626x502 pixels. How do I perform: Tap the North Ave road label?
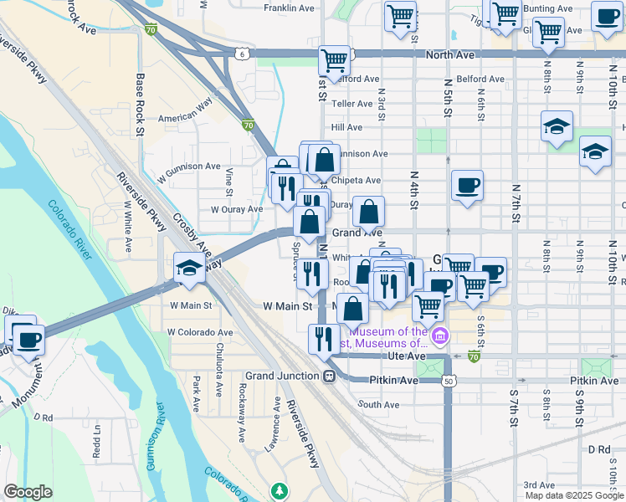point(449,54)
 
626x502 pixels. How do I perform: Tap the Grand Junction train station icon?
point(329,376)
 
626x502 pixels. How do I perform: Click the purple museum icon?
point(441,336)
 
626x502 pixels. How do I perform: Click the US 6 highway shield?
point(241,54)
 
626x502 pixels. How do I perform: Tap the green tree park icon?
point(280,489)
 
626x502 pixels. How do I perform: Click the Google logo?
point(28,492)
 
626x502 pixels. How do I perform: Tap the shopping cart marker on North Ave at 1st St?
point(334,59)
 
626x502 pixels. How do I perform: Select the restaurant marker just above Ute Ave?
point(321,337)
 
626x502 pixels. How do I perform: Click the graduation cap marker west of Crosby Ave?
point(187,269)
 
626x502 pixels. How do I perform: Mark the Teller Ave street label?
point(351,104)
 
